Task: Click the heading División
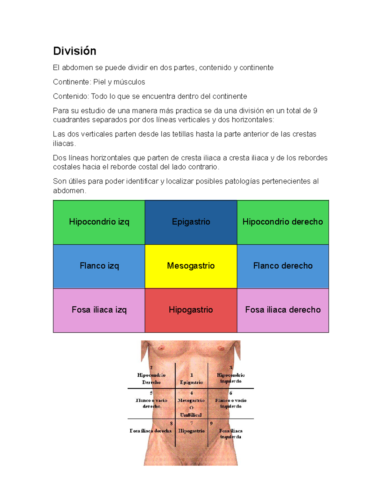point(74,51)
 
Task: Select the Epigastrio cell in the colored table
point(191,222)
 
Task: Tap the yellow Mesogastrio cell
point(191,266)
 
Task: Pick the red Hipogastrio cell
point(191,310)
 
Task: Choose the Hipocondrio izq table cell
point(99,222)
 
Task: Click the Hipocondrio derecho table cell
point(283,222)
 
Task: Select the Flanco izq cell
point(99,266)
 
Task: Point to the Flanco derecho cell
point(283,266)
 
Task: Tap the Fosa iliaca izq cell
point(99,310)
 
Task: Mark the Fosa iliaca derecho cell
point(283,310)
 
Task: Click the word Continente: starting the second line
point(72,82)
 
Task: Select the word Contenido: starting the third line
point(71,96)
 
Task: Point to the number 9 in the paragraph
point(315,111)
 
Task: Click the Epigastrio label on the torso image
point(191,382)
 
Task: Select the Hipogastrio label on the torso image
point(191,431)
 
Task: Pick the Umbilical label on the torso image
point(191,415)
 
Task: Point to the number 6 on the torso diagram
point(231,393)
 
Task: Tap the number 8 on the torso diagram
point(171,424)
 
